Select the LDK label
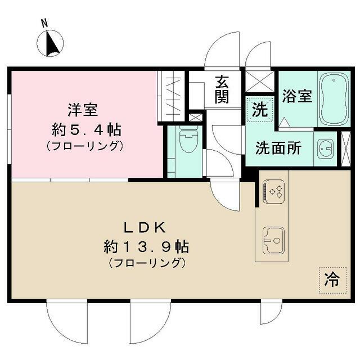pos(145,228)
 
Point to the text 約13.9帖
pos(146,246)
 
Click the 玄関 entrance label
pos(222,89)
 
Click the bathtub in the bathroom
pos(334,98)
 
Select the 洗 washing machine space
pos(259,109)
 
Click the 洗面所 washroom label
pos(278,148)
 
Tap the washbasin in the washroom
pos(325,148)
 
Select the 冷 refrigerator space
pos(332,280)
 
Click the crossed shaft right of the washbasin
pos(346,148)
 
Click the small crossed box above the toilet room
pos(196,118)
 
